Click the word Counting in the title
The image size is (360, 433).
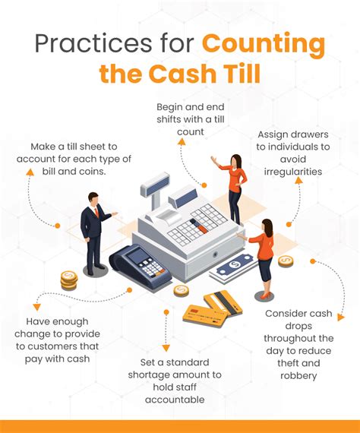[x=264, y=45]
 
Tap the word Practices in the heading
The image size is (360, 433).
[x=93, y=44]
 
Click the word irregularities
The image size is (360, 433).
[x=293, y=172]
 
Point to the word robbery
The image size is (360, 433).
[x=298, y=376]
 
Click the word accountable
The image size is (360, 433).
[x=175, y=400]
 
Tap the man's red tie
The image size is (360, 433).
[x=96, y=213]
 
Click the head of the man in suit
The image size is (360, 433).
[x=93, y=199]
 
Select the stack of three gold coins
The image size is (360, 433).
[x=69, y=280]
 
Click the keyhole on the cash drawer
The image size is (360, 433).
[x=214, y=254]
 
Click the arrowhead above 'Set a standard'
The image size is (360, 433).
[x=166, y=348]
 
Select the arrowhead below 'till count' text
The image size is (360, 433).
[x=181, y=141]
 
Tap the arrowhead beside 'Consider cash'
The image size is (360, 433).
[x=341, y=318]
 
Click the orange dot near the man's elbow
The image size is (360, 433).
[x=58, y=226]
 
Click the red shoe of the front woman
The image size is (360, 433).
[x=264, y=296]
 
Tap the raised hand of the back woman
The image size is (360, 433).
[x=213, y=160]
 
